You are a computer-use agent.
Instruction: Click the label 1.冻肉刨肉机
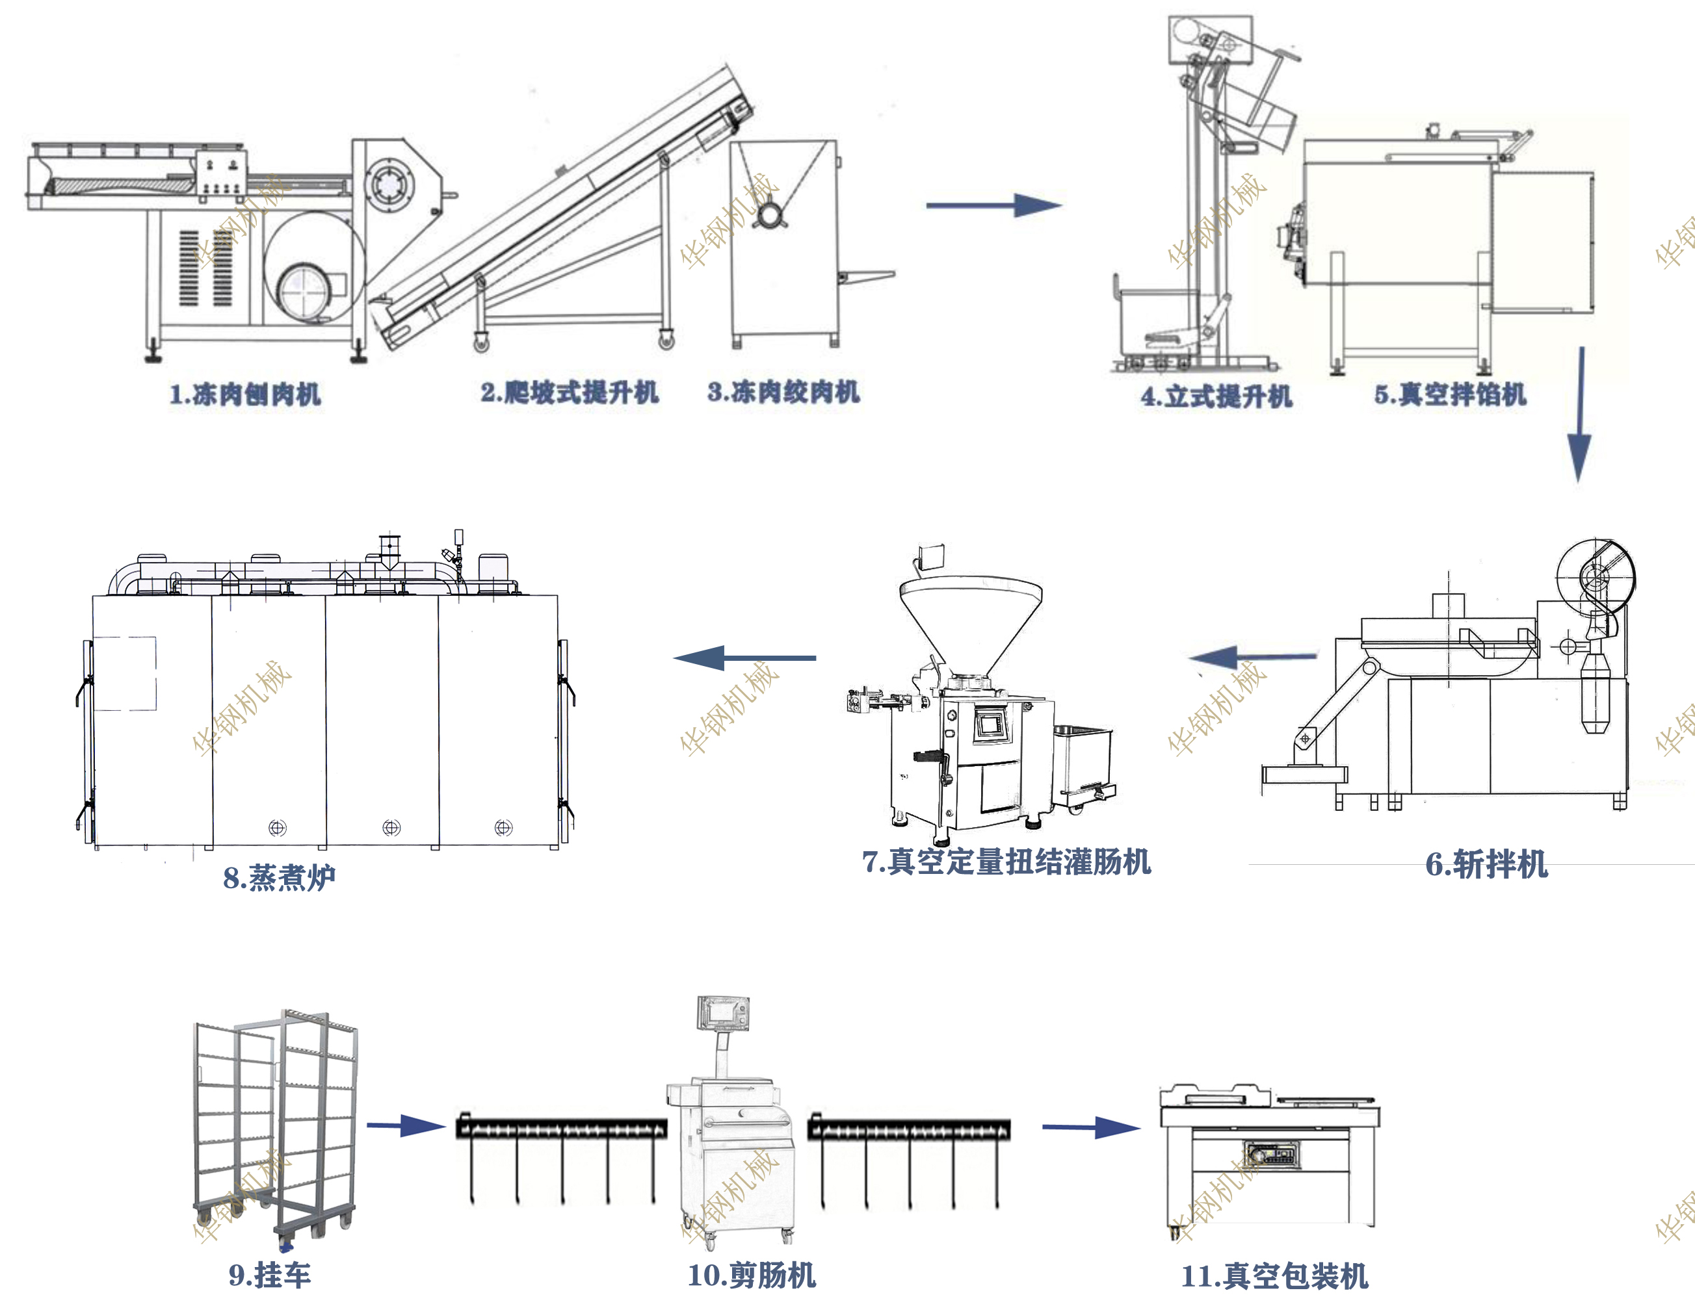[244, 394]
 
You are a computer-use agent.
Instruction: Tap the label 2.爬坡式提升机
[569, 392]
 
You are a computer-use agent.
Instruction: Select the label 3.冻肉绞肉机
[783, 392]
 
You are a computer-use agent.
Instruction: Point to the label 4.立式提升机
[1216, 396]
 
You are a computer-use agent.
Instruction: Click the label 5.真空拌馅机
[1449, 394]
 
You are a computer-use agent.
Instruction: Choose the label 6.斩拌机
[1485, 864]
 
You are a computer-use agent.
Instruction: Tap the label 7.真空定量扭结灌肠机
[1006, 861]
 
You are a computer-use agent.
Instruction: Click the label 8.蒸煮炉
[279, 877]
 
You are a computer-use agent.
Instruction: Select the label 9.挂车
[269, 1275]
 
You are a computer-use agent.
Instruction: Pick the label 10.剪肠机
[751, 1275]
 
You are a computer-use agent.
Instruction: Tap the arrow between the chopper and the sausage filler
[1252, 658]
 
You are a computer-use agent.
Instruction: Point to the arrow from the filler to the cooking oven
[744, 658]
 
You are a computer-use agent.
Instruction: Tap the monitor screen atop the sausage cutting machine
[722, 1012]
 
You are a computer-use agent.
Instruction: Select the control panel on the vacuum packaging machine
[1272, 1155]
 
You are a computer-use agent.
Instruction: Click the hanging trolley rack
[275, 1125]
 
